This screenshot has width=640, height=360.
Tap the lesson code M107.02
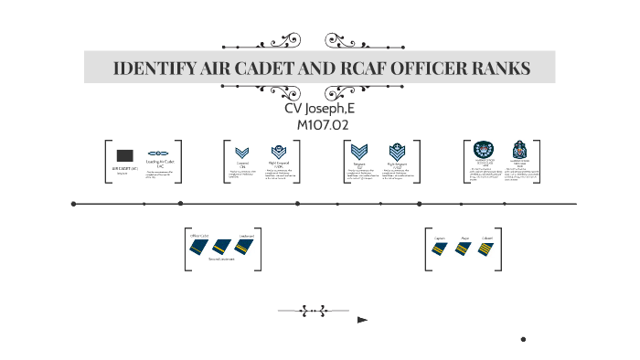(x=322, y=124)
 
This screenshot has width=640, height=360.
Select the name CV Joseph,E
(x=322, y=109)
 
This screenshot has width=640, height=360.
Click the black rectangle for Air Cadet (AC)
(x=125, y=155)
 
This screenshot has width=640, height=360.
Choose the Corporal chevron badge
(x=242, y=154)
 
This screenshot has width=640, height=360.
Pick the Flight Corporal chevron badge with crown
(x=278, y=153)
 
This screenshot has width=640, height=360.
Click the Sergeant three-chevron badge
(x=360, y=153)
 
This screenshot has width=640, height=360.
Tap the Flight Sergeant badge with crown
(x=396, y=153)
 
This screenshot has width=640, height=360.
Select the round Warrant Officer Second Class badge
(x=483, y=151)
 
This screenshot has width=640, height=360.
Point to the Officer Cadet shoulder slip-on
(x=200, y=245)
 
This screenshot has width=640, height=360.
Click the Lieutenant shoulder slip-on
(x=244, y=245)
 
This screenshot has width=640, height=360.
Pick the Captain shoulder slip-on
(x=441, y=248)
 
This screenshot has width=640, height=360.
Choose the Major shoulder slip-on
(x=464, y=248)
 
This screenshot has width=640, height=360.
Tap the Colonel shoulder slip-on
(x=487, y=248)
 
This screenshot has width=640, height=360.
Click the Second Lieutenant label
(x=222, y=259)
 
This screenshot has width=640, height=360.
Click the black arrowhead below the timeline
(x=362, y=320)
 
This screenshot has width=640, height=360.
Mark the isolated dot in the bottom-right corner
(x=523, y=339)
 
